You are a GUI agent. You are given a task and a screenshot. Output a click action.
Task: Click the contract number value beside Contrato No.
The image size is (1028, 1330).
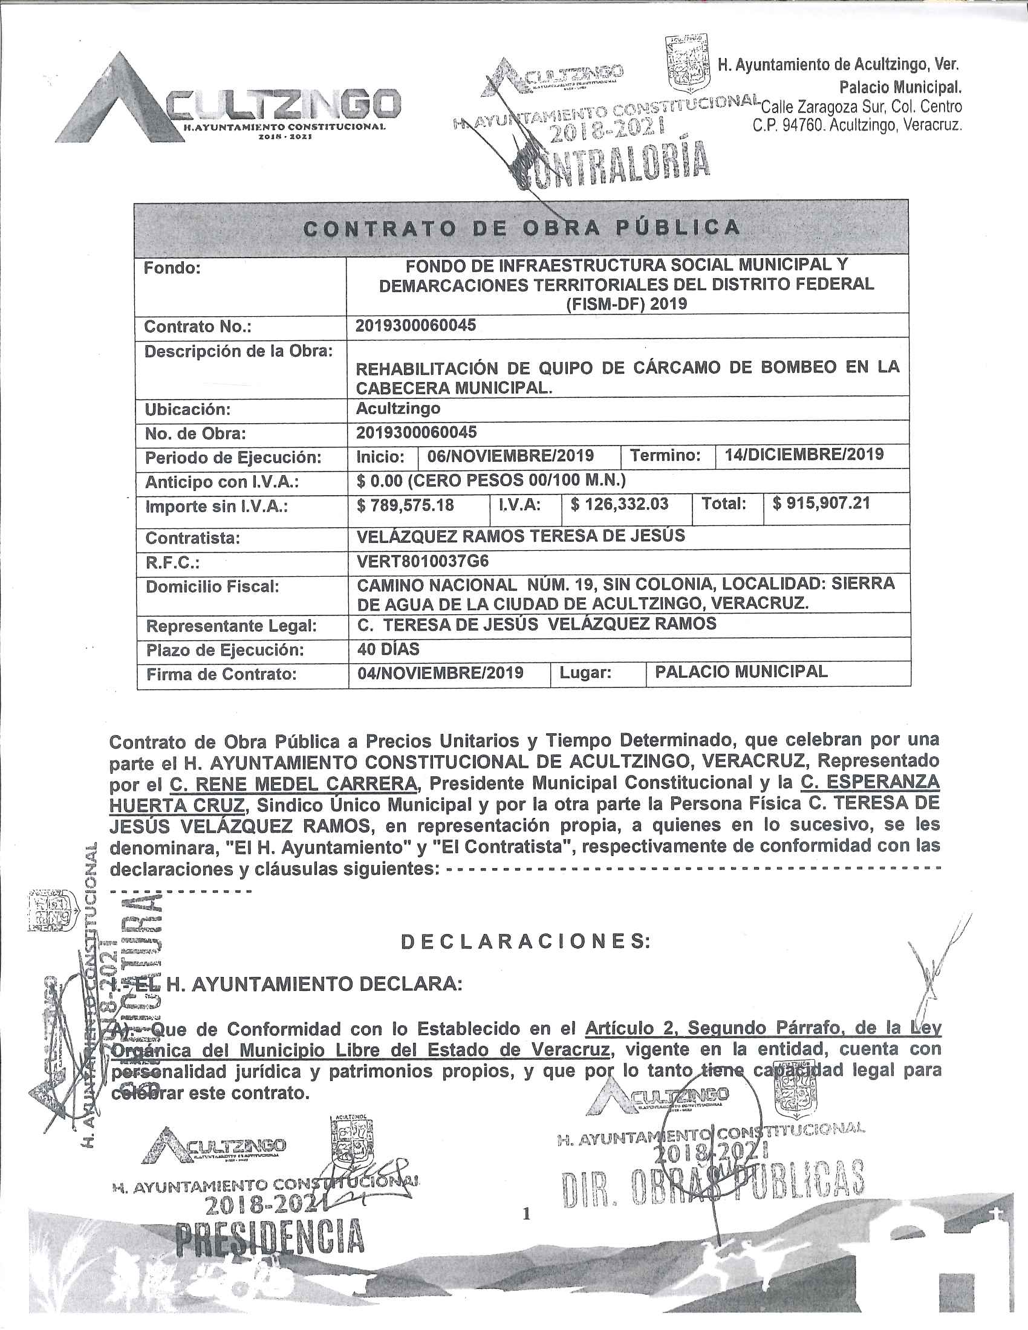tap(416, 325)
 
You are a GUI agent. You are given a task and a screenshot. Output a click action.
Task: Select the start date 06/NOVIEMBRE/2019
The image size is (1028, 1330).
tap(510, 455)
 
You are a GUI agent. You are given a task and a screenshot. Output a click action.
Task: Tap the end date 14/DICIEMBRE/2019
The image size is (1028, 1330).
tap(804, 454)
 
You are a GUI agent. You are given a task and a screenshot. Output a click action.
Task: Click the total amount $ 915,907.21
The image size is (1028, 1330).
tap(822, 504)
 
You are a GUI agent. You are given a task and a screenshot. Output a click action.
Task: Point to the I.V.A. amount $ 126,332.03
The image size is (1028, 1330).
tap(620, 504)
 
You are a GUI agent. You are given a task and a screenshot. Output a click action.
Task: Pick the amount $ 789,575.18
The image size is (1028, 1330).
tap(406, 505)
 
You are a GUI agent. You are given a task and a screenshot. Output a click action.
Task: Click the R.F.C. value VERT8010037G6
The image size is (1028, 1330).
tap(423, 560)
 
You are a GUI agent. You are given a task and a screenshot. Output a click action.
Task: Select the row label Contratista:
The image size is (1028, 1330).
tap(192, 538)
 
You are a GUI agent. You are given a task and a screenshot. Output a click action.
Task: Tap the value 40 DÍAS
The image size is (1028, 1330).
tap(389, 649)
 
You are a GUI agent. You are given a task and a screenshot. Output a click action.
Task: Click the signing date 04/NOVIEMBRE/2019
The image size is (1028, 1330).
tap(440, 672)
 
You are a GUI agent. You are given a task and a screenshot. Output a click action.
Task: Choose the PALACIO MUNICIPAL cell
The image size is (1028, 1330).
tap(741, 672)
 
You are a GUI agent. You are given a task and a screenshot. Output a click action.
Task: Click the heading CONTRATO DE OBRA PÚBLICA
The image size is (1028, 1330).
tap(522, 229)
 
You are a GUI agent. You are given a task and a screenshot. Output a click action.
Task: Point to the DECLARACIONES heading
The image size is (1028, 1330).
tap(525, 941)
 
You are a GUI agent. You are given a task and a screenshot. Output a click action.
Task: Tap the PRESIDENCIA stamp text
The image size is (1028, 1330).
tap(269, 1236)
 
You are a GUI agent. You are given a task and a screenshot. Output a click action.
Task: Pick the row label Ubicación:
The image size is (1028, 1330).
tap(187, 409)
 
